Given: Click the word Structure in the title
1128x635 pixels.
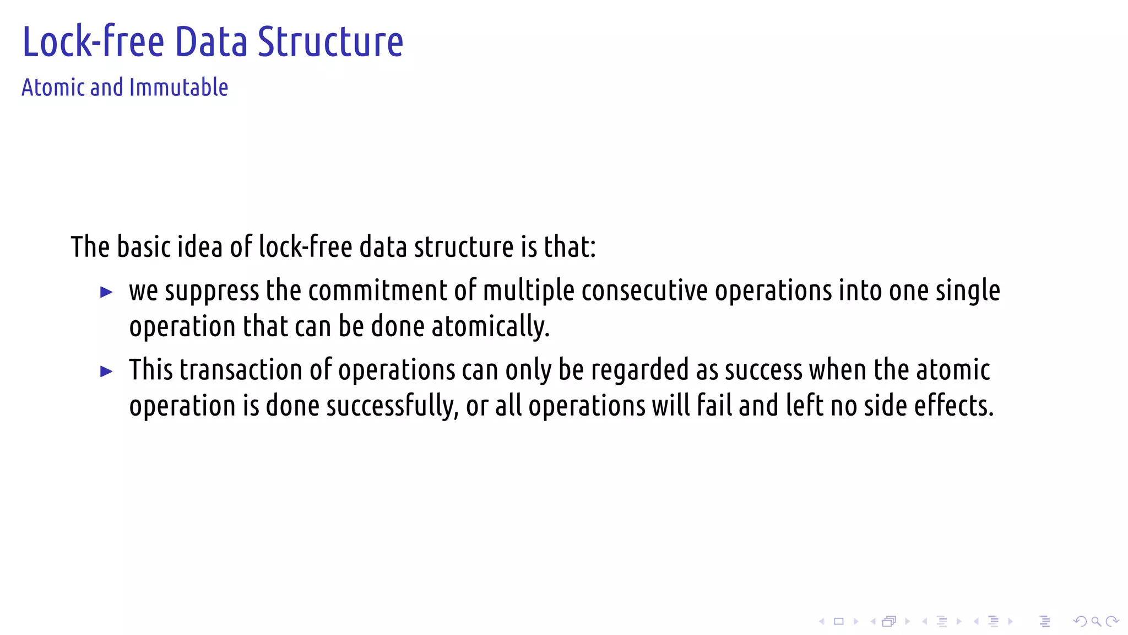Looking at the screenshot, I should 330,42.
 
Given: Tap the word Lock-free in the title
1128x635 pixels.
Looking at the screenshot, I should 93,42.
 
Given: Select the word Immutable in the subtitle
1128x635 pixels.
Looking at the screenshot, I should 178,88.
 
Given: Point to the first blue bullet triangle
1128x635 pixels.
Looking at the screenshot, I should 107,292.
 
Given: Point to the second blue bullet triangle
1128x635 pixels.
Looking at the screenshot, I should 107,372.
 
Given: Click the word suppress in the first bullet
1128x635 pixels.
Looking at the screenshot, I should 211,291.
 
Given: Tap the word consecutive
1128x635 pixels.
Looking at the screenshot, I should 644,290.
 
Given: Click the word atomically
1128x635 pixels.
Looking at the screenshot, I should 490,326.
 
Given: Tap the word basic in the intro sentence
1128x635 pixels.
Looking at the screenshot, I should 143,247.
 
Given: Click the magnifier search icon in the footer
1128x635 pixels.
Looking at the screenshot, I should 1096,622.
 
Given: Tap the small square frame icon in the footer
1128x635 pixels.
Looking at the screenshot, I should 839,622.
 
